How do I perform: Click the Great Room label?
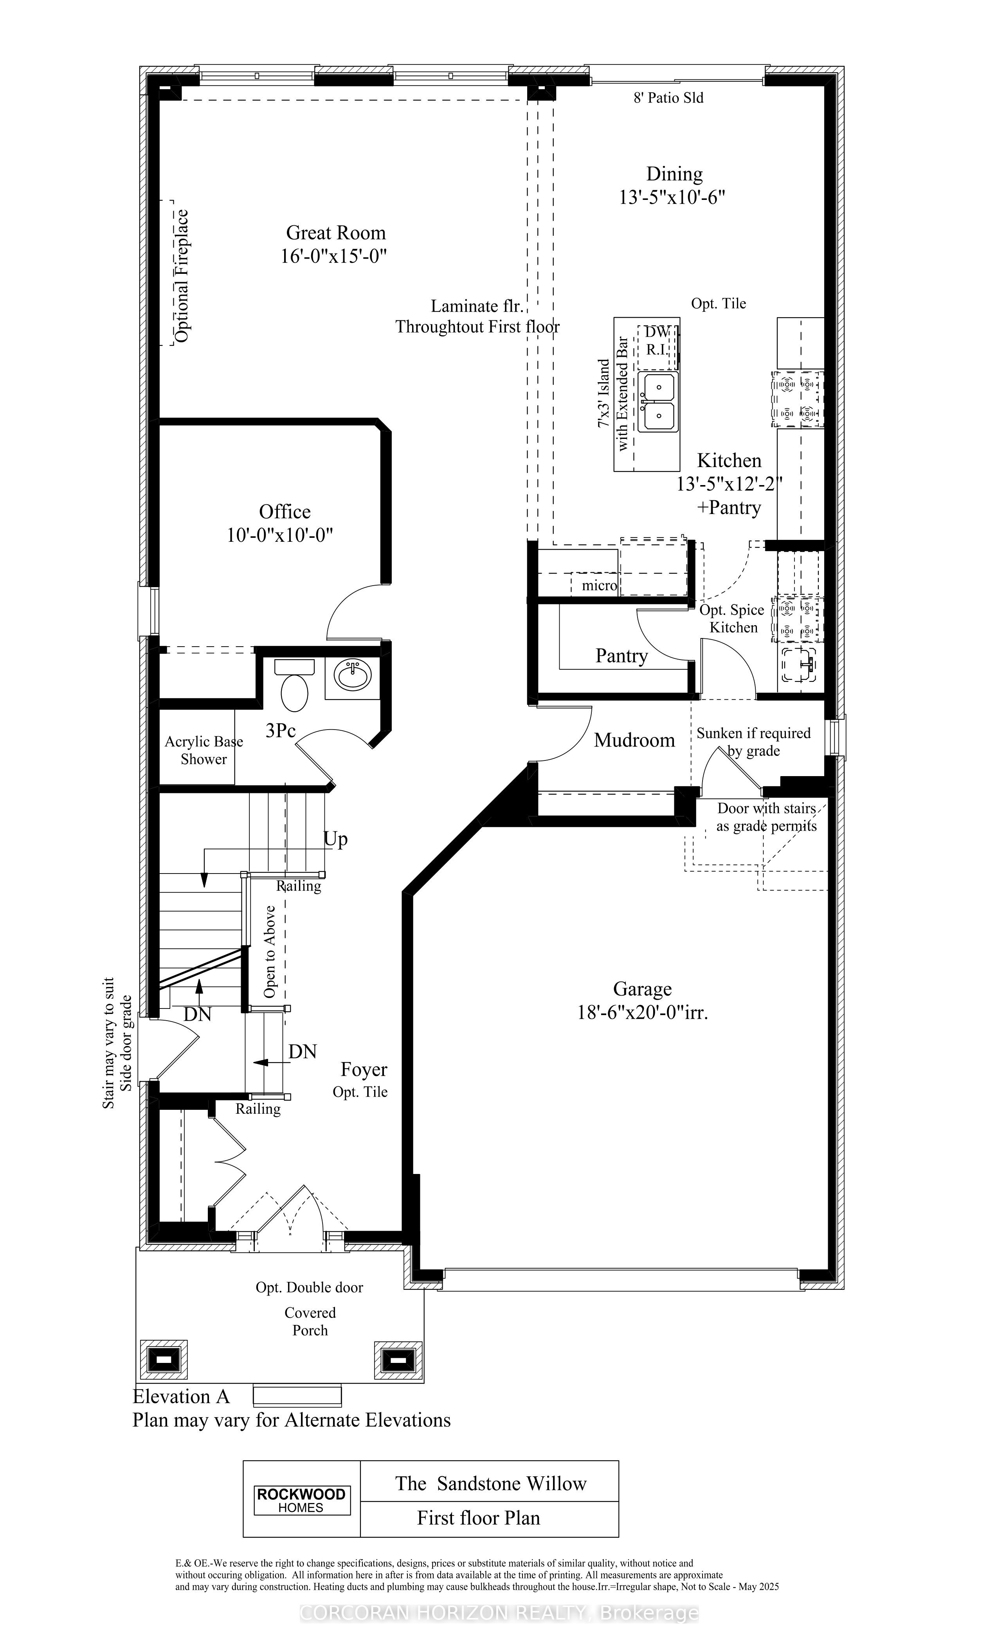[335, 233]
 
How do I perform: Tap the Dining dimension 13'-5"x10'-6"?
[672, 198]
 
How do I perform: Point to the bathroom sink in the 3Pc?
[353, 676]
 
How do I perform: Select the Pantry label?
[621, 656]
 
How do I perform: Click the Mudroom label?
[634, 740]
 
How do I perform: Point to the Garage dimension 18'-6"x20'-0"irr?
[642, 1013]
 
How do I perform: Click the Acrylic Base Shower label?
[204, 750]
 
